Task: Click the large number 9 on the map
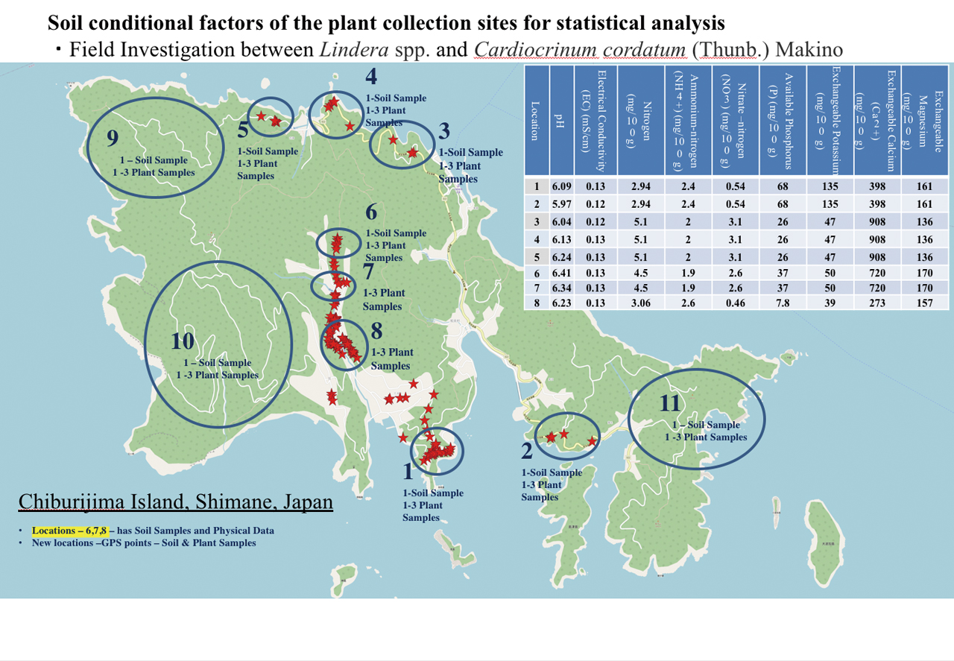pos(113,138)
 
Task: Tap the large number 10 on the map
pos(182,341)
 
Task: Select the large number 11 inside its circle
pos(671,403)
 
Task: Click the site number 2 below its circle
pos(526,450)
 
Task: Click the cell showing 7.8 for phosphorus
pos(782,302)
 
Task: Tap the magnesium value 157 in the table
pos(924,302)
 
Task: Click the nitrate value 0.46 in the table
pos(735,302)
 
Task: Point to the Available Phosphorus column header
pos(782,121)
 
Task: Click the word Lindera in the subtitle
pos(349,51)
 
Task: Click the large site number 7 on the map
pos(368,271)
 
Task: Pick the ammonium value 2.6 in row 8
pos(687,302)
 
